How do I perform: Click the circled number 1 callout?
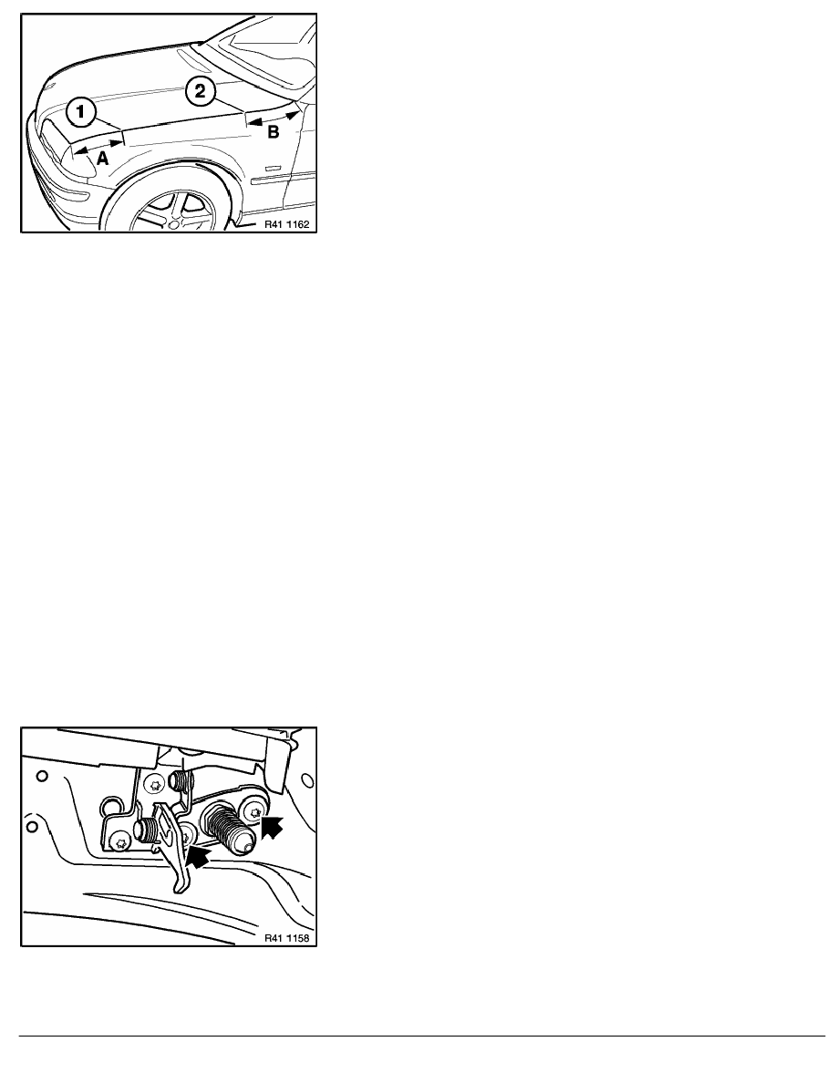click(81, 112)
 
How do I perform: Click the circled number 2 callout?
click(200, 90)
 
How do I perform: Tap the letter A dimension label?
click(101, 159)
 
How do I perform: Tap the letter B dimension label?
click(274, 131)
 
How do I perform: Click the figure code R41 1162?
click(286, 224)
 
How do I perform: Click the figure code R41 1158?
click(286, 938)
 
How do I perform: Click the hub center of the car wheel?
click(175, 222)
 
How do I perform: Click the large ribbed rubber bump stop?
click(227, 828)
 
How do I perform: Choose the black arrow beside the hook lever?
click(198, 859)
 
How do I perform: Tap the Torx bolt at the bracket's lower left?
click(122, 842)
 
